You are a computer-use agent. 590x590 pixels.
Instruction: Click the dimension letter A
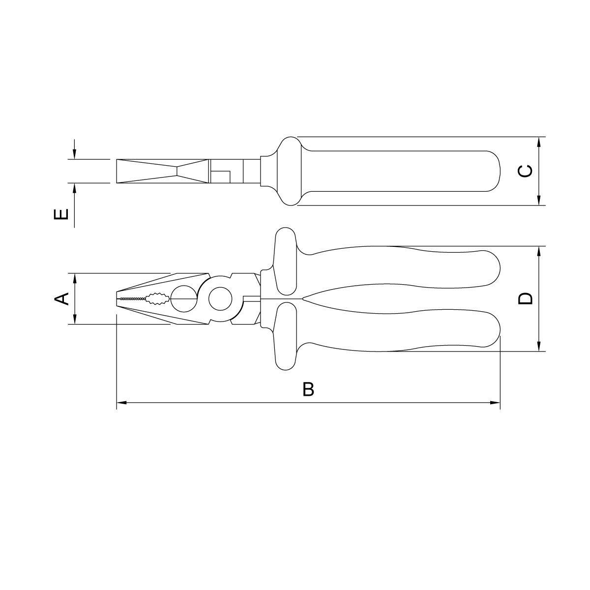(x=61, y=298)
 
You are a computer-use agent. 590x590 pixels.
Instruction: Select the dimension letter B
(x=308, y=389)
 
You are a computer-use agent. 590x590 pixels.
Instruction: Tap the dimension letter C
(x=526, y=171)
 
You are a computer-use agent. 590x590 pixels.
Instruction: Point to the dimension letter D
(x=526, y=298)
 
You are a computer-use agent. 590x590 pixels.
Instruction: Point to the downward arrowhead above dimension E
(x=74, y=154)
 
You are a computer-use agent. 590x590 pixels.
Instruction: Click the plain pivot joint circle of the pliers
(x=219, y=298)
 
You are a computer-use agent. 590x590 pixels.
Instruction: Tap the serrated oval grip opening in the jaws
(x=157, y=298)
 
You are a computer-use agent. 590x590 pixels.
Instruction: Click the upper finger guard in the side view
(x=285, y=263)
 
